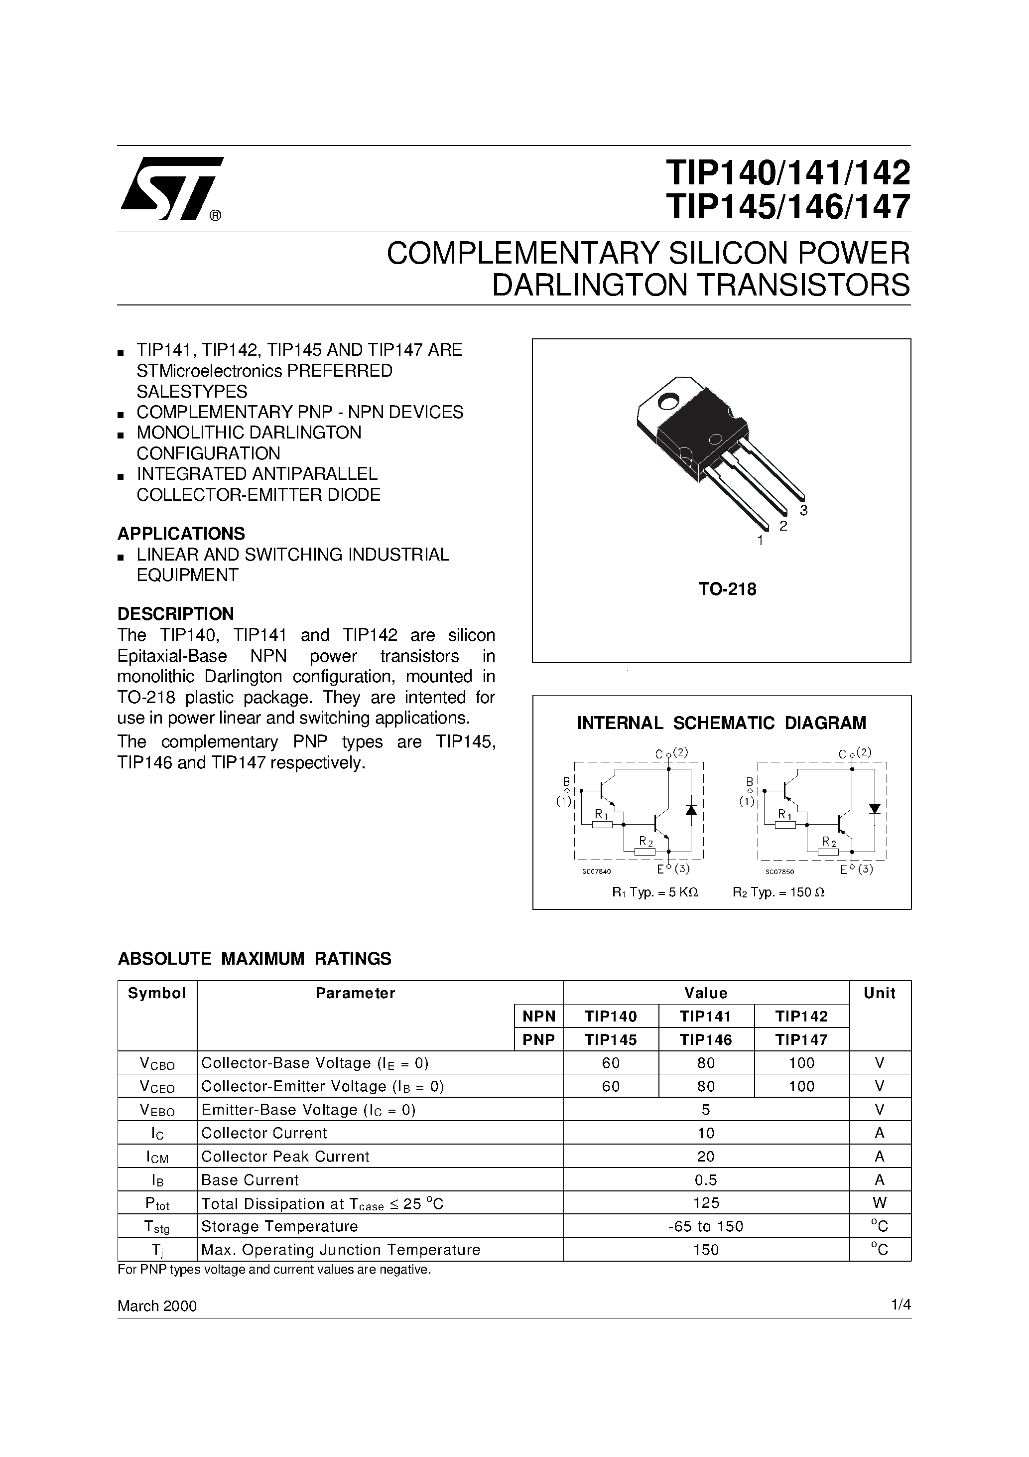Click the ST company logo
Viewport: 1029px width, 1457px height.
tap(172, 188)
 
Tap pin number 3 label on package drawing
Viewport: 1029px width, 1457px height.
tap(803, 511)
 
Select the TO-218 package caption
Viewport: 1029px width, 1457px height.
tap(728, 589)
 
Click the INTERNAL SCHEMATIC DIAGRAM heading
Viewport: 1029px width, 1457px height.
tap(721, 723)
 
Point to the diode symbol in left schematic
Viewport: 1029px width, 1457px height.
tap(691, 810)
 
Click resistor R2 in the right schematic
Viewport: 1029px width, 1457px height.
tap(828, 852)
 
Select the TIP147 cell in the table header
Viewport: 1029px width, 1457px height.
tap(801, 1039)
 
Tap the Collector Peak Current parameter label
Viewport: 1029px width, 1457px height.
tap(285, 1156)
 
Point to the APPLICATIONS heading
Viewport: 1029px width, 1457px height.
tap(181, 533)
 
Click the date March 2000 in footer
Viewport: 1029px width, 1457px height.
tap(157, 1306)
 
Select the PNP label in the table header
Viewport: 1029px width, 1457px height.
tap(538, 1039)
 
